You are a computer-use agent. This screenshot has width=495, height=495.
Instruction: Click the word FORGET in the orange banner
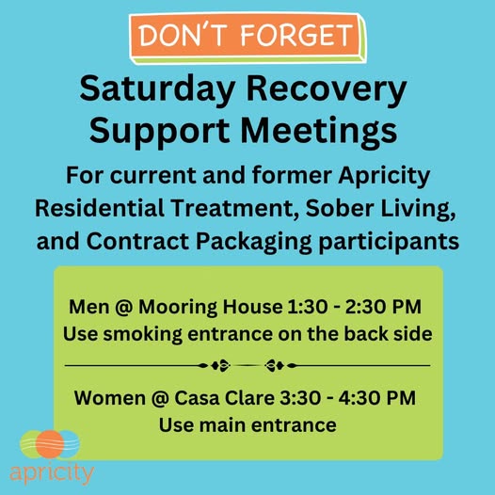(x=296, y=35)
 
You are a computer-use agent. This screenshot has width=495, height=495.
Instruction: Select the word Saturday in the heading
(x=157, y=89)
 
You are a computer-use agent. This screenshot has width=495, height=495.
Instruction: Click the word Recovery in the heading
(x=327, y=89)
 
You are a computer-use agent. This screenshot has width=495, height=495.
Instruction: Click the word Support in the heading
(x=159, y=133)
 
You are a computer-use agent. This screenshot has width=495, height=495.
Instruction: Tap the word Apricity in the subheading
(x=384, y=176)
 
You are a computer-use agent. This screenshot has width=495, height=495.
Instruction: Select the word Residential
(x=99, y=208)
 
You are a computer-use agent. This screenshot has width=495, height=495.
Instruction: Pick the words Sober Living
(x=381, y=209)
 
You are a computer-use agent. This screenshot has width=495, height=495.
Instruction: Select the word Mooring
(x=179, y=308)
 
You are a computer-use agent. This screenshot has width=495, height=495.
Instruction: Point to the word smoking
(x=143, y=335)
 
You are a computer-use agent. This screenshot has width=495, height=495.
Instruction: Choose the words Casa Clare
(x=225, y=398)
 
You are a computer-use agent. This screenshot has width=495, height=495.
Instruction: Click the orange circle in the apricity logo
(x=50, y=444)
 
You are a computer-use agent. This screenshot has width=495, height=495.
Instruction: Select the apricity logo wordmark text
(x=52, y=473)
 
